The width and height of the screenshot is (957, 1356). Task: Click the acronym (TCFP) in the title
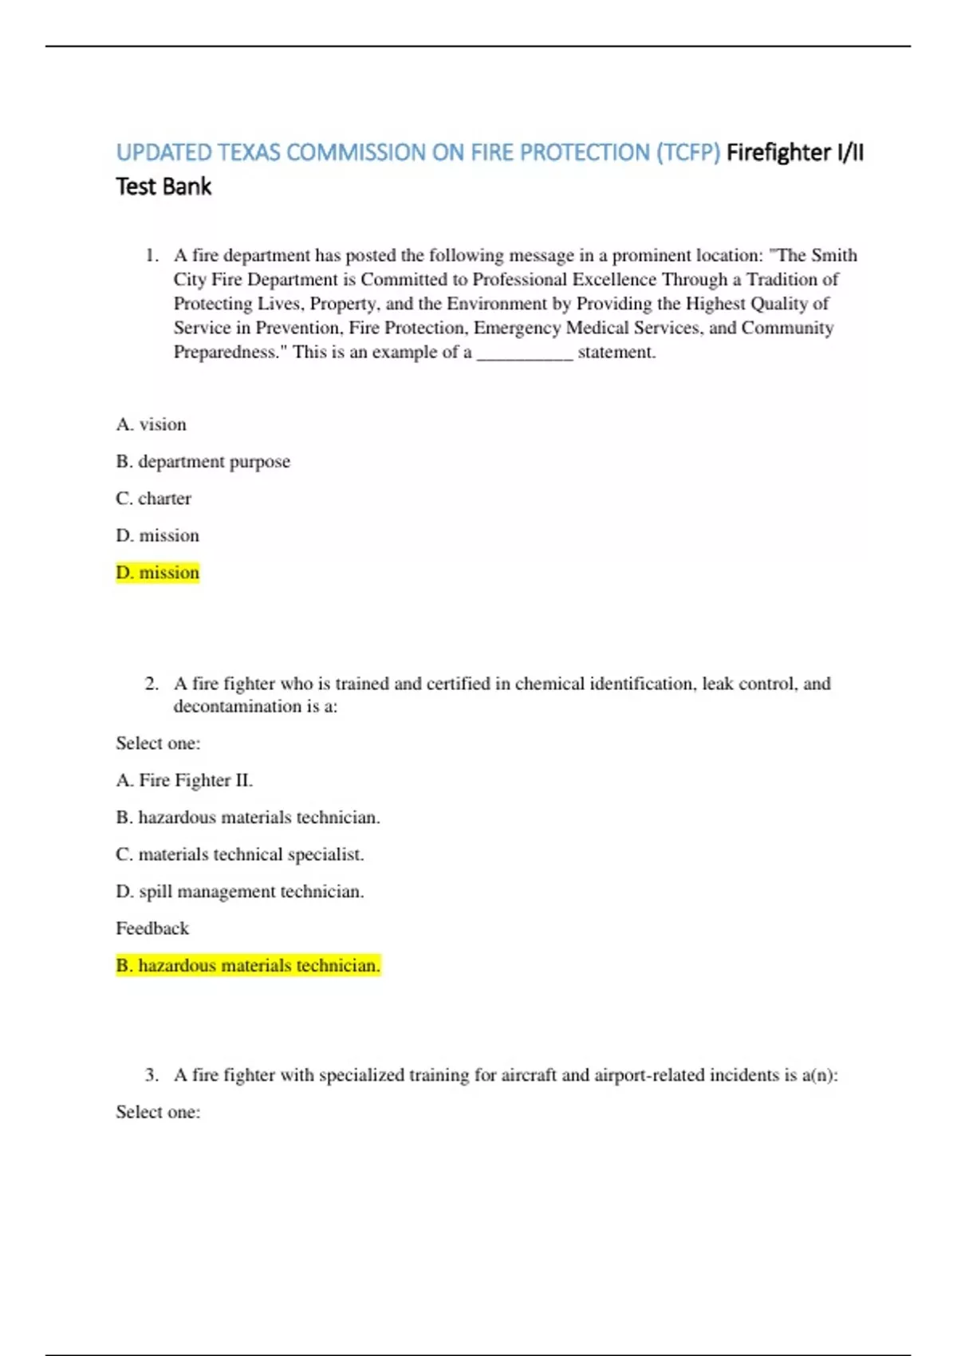tap(688, 152)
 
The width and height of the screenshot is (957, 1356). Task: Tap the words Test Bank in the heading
tap(163, 187)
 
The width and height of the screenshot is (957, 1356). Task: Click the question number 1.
tap(152, 255)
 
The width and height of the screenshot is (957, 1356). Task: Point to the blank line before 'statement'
tap(524, 353)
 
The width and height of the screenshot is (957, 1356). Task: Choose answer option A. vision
tap(151, 424)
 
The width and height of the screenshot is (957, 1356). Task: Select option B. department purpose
tap(203, 461)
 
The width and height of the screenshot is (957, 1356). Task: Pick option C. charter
tap(153, 499)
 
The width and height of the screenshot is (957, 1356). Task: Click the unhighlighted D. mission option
tap(157, 535)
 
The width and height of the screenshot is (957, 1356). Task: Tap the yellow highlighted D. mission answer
tap(157, 573)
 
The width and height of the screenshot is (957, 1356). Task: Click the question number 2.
tap(152, 684)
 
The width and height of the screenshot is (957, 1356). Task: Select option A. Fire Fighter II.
tap(184, 780)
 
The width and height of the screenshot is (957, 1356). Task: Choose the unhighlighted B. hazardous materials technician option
tap(247, 818)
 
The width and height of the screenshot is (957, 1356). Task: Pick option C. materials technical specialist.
tap(239, 854)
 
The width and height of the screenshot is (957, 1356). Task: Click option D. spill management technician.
tap(239, 892)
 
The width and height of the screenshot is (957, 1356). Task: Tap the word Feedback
tap(152, 928)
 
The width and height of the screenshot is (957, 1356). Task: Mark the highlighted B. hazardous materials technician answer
tap(247, 966)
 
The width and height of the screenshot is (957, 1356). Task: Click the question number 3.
tap(152, 1075)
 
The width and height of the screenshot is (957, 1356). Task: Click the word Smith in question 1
tap(834, 255)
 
